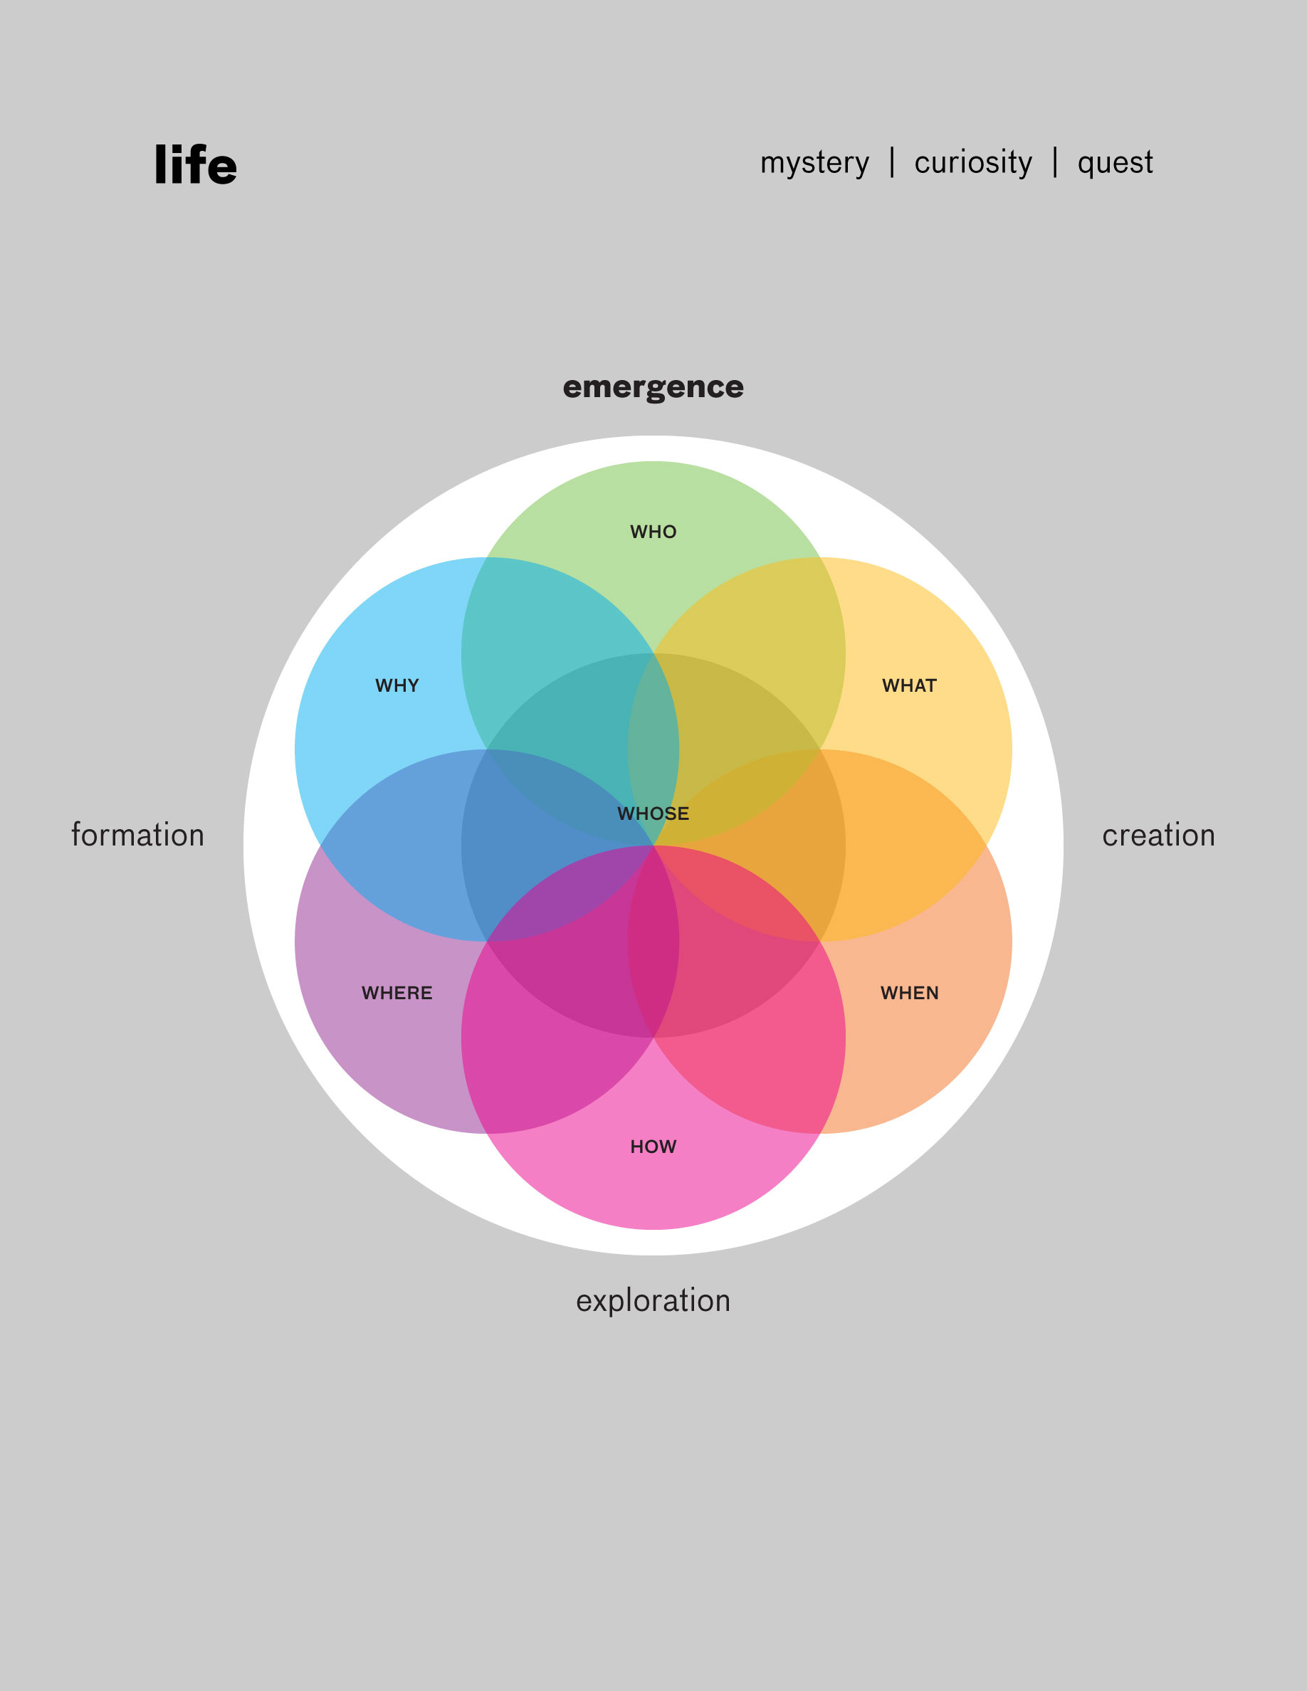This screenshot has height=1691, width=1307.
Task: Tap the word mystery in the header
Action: (x=814, y=162)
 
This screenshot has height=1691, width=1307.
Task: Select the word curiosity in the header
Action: (x=973, y=162)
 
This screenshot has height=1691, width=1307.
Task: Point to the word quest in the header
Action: (x=1115, y=162)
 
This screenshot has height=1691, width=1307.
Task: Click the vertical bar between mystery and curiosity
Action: (x=892, y=162)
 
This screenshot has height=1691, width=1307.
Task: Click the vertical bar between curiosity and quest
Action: (x=1054, y=162)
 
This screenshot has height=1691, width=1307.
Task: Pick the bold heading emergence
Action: (x=653, y=386)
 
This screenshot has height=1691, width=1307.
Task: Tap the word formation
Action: (x=138, y=835)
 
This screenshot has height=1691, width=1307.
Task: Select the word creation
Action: (x=1158, y=835)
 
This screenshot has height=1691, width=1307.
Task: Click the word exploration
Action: (x=653, y=1300)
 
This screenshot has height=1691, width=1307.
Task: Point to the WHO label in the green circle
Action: (x=653, y=532)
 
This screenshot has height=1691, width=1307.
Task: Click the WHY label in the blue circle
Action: (x=397, y=685)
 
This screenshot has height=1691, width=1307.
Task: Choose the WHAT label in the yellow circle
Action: (x=909, y=685)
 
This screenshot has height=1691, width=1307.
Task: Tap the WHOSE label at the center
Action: (x=653, y=813)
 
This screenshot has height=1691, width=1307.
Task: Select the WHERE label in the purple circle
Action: (x=397, y=993)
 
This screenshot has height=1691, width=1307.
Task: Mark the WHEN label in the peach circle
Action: (x=909, y=993)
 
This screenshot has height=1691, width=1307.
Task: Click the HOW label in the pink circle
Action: (x=653, y=1146)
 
